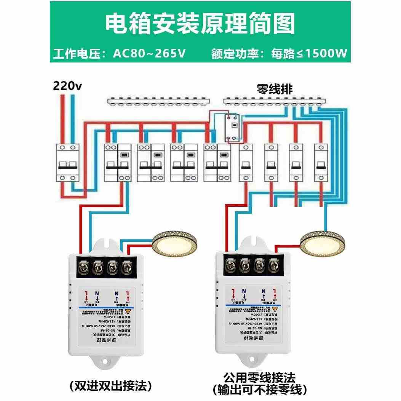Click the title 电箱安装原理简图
pos(200,24)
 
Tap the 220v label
pos(67,86)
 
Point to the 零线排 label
pos(275,89)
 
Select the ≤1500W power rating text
pos(322,53)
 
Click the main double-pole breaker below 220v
pos(67,163)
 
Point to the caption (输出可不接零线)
pos(259,390)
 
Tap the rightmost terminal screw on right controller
pos(273,265)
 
